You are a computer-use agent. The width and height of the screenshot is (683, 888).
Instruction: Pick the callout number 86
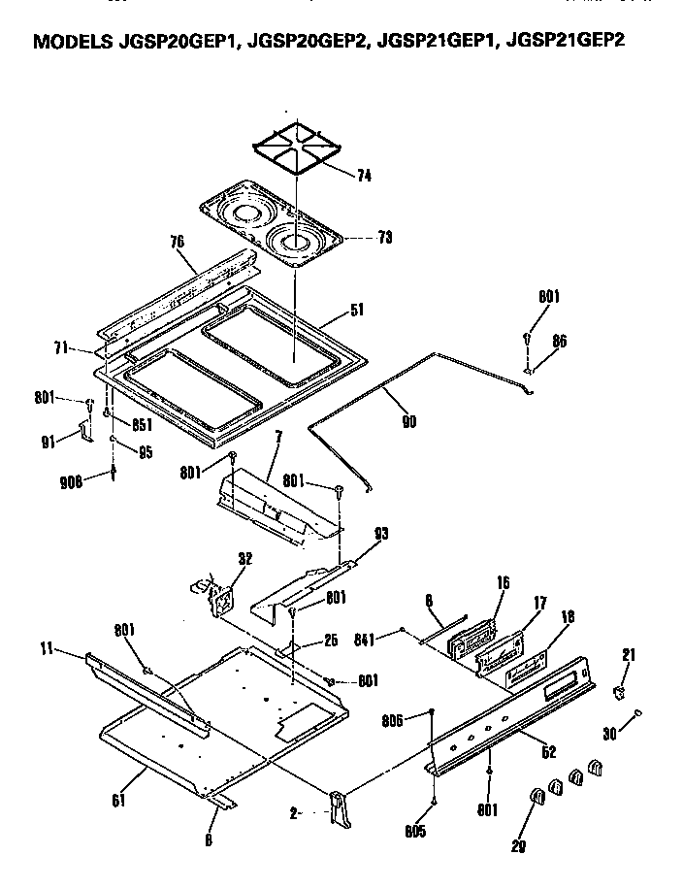(x=560, y=341)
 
